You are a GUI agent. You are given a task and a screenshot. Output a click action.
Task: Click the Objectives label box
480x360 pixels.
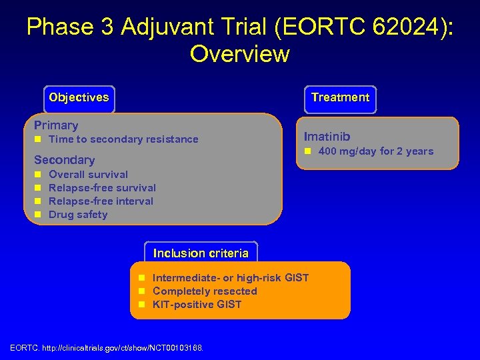point(79,97)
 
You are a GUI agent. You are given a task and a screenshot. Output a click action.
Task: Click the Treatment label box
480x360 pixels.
point(340,97)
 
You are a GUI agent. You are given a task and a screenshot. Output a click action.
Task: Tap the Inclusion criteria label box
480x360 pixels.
point(201,253)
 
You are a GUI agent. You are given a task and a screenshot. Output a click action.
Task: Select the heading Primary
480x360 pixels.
point(56,125)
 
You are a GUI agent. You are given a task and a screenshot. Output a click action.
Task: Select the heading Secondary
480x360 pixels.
point(64,160)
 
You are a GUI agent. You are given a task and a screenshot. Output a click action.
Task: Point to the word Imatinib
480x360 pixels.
point(327,137)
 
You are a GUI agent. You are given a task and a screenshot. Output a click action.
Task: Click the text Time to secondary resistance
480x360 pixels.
point(123,139)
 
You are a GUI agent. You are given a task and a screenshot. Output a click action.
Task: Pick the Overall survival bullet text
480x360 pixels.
point(88,175)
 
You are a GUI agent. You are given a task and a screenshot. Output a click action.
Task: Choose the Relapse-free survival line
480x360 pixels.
point(102,188)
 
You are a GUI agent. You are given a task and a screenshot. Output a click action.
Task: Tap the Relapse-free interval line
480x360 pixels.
point(101,201)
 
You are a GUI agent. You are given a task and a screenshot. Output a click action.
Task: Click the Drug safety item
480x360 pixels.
point(78,215)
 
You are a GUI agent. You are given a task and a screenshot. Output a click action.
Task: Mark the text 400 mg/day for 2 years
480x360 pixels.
point(375,151)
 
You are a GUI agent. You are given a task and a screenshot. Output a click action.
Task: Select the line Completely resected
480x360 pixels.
point(205,291)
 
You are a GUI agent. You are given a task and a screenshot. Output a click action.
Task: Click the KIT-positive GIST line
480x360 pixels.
point(197,305)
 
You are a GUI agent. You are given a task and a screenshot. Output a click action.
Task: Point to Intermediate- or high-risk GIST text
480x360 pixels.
point(231,278)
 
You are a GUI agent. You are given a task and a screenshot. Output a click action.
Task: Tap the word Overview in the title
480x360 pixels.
point(239,53)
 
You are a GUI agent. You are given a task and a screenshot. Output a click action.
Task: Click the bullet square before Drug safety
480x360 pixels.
point(38,215)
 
